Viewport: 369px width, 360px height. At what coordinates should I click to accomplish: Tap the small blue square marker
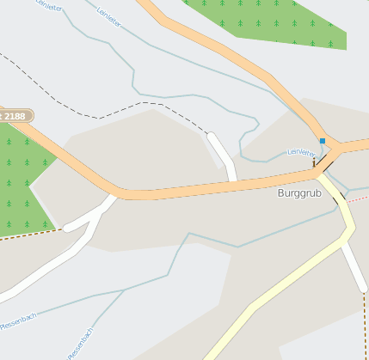pyautogui.click(x=323, y=140)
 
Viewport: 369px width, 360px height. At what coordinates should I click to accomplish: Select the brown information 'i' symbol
pyautogui.click(x=314, y=162)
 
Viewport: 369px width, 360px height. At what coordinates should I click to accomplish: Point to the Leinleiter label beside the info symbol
pyautogui.click(x=300, y=152)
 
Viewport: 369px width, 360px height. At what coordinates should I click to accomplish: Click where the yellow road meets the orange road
pyautogui.click(x=323, y=174)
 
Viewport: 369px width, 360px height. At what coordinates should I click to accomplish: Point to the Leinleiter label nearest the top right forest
pyautogui.click(x=108, y=15)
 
